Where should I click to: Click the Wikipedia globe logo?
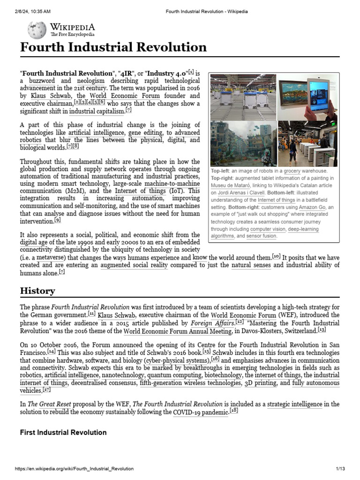pyautogui.click(x=37, y=30)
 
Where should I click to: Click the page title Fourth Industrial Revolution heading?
pyautogui.click(x=113, y=47)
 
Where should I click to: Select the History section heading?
pyautogui.click(x=37, y=291)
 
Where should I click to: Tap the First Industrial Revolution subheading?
pyautogui.click(x=63, y=432)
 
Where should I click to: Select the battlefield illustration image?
pyautogui.click(x=244, y=143)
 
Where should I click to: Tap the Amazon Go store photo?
pyautogui.click(x=307, y=143)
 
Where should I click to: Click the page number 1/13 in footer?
pyautogui.click(x=340, y=469)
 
